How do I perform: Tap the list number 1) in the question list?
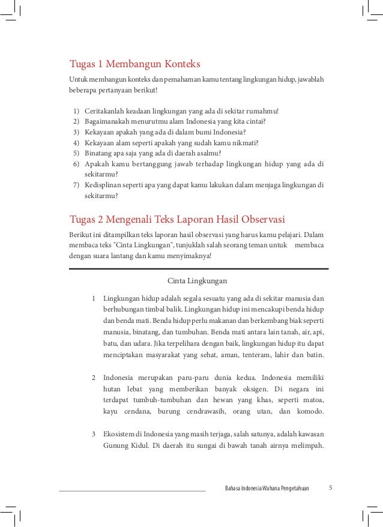(76, 111)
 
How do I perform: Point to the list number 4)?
(76, 142)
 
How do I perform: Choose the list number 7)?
(76, 184)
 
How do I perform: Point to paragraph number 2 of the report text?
(94, 378)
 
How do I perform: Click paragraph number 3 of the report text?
(94, 433)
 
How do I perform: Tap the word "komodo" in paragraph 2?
(310, 412)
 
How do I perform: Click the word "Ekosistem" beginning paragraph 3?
(121, 433)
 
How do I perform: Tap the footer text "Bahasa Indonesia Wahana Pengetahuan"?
(267, 488)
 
